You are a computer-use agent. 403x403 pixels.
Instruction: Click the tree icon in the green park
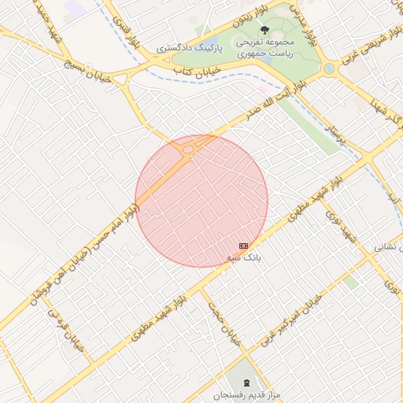(264, 30)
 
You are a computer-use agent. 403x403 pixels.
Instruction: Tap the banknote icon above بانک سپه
(243, 246)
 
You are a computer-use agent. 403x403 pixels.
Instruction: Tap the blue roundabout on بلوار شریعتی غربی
(329, 69)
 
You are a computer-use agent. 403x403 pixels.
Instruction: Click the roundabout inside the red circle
(189, 150)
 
